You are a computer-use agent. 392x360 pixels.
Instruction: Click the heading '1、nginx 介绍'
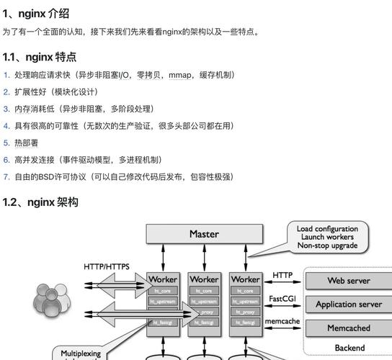(x=36, y=13)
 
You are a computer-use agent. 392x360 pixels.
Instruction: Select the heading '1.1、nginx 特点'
(x=40, y=57)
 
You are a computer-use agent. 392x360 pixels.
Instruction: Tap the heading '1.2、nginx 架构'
(x=40, y=202)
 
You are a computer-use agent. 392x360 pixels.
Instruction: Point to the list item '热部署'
(x=27, y=143)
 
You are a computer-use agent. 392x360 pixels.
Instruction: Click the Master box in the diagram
(x=204, y=234)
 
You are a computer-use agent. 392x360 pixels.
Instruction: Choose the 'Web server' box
(x=349, y=281)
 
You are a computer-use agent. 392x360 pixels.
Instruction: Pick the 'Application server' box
(x=349, y=305)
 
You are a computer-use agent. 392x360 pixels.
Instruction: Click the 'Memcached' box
(x=349, y=328)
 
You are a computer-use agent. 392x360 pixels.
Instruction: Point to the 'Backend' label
(x=349, y=348)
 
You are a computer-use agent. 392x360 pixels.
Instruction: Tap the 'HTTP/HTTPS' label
(x=107, y=267)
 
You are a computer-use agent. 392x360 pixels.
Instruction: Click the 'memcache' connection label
(x=282, y=320)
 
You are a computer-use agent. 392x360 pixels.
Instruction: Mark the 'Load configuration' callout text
(x=327, y=229)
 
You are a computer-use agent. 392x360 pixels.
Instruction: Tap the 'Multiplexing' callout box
(x=81, y=354)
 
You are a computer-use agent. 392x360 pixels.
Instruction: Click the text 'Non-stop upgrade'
(x=327, y=246)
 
